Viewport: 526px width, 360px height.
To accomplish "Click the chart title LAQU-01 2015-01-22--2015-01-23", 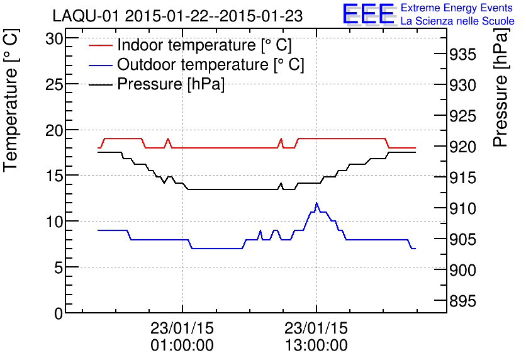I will [x=177, y=16].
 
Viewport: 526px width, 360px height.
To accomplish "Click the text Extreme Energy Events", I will [x=457, y=8].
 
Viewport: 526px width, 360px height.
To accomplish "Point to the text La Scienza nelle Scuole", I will [x=457, y=21].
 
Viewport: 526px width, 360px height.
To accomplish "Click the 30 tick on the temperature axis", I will [x=55, y=38].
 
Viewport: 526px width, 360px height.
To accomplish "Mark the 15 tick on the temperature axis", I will [x=55, y=176].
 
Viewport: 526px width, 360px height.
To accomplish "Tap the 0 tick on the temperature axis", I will [x=59, y=313].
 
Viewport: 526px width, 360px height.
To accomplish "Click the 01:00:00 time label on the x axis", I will [x=182, y=346].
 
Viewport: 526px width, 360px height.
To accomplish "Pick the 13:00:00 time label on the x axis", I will [x=316, y=346].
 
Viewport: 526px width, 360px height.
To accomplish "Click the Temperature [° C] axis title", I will [x=11, y=104].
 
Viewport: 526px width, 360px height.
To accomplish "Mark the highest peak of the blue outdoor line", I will [x=316, y=203].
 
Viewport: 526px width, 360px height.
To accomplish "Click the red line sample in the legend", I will [x=101, y=45].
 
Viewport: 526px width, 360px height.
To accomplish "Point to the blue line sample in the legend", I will [x=101, y=65].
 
